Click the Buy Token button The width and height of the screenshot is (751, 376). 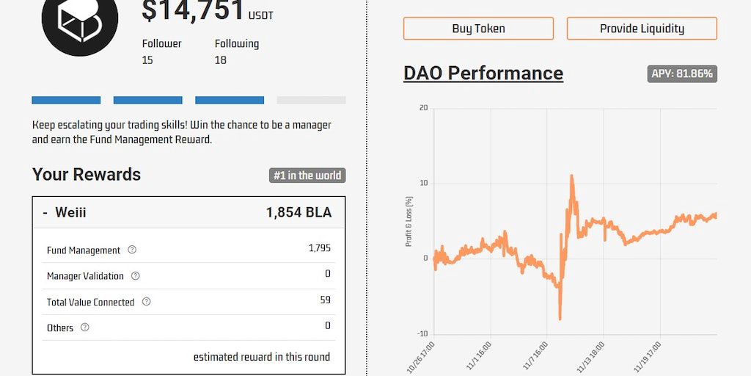pyautogui.click(x=478, y=29)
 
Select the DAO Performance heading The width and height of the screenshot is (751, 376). pyautogui.click(x=483, y=73)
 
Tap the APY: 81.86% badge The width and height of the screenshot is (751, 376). pyautogui.click(x=682, y=73)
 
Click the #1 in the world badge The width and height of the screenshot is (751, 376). pyautogui.click(x=307, y=176)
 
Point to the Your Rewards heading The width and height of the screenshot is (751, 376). pyautogui.click(x=87, y=175)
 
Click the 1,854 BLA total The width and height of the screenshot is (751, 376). pyautogui.click(x=298, y=213)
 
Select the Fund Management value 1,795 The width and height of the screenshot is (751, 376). pyautogui.click(x=320, y=248)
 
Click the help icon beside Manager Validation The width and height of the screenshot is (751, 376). pyautogui.click(x=135, y=276)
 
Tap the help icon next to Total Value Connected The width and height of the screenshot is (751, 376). pyautogui.click(x=146, y=302)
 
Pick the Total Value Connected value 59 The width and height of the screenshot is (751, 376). pyautogui.click(x=325, y=300)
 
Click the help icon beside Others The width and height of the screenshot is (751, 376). pyautogui.click(x=84, y=328)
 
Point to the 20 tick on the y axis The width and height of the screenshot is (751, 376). pyautogui.click(x=423, y=109)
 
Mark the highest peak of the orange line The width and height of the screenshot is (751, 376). pyautogui.click(x=571, y=176)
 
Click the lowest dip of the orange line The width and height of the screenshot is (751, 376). pyautogui.click(x=560, y=319)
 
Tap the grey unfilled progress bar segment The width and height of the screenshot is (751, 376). pyautogui.click(x=311, y=101)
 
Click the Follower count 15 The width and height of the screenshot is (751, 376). pyautogui.click(x=147, y=60)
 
